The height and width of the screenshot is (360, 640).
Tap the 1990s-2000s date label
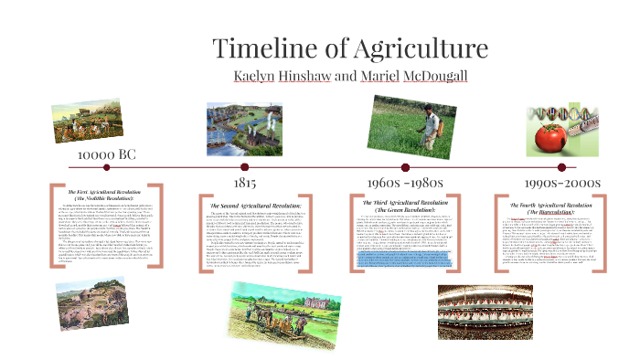coord(555,183)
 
